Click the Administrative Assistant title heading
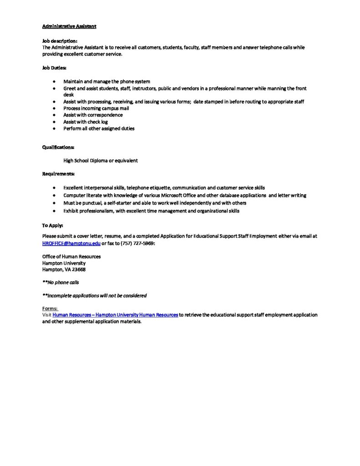pos(69,26)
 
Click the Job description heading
pos(60,41)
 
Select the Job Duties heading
pos(54,68)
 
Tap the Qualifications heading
pos(58,147)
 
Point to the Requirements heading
pos(59,174)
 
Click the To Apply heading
pos(53,225)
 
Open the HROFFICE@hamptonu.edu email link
pos(71,243)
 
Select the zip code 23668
pos(78,269)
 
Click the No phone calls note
pos(61,283)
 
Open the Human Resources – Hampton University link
pos(115,315)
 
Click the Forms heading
pos(50,309)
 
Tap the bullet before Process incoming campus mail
pos(54,109)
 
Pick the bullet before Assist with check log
pos(54,122)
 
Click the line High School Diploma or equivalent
pos(101,161)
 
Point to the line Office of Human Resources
pos(71,257)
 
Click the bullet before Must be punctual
pos(54,203)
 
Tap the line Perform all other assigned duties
pos(99,129)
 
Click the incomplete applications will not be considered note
pos(95,296)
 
